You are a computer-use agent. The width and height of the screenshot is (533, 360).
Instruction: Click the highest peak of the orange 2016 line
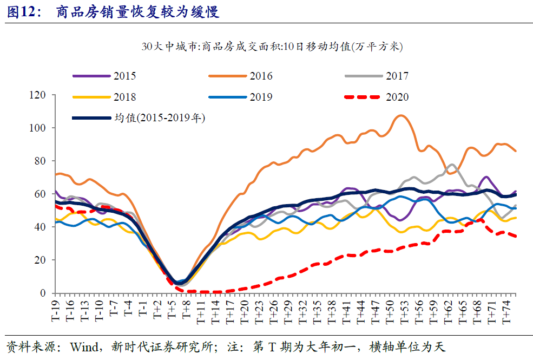coord(400,115)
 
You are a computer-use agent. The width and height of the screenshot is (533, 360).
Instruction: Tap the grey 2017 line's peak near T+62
coord(451,165)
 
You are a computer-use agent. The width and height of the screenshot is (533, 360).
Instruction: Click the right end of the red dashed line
coord(515,236)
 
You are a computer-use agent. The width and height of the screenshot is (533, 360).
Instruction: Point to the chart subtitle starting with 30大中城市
coord(270,47)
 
